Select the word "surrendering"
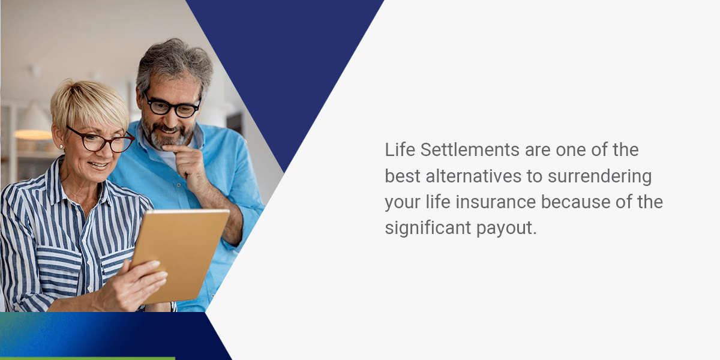coord(601,176)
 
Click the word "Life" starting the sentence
coord(400,150)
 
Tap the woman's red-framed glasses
coord(102,142)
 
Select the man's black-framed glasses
coord(171,107)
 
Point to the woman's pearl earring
coord(60,146)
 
